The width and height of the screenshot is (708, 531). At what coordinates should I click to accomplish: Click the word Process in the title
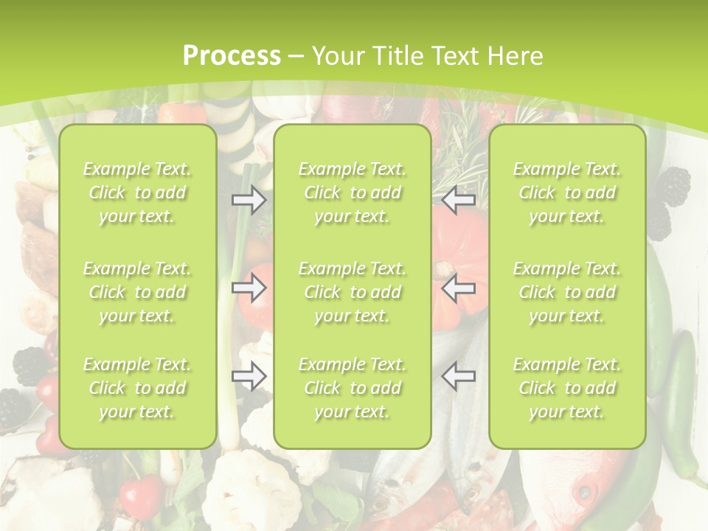(x=232, y=55)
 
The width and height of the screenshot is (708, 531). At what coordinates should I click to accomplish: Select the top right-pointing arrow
(x=249, y=200)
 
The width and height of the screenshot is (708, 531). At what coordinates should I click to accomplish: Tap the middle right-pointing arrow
(x=249, y=288)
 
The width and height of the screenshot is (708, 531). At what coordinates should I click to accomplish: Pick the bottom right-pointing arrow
(x=249, y=377)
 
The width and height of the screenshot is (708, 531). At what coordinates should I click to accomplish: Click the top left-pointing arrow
(x=458, y=200)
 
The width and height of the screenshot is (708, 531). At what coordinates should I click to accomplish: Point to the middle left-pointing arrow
(x=458, y=288)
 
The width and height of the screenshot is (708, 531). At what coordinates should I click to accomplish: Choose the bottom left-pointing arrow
(x=458, y=377)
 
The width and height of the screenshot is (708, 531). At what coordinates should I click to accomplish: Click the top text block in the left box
(x=137, y=192)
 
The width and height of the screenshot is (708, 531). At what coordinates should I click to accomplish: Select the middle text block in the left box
(x=137, y=292)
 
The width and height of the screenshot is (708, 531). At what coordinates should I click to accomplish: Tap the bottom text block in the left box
(x=137, y=388)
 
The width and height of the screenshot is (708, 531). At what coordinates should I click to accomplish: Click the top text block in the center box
(x=353, y=192)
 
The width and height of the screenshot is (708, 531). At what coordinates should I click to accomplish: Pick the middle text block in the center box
(x=353, y=292)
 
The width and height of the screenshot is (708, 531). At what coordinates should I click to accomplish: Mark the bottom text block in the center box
(x=353, y=388)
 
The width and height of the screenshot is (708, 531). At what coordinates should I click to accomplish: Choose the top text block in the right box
(x=567, y=192)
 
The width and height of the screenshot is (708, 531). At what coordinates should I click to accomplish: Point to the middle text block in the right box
(x=567, y=292)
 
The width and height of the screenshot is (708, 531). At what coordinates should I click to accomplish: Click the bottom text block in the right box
(x=567, y=388)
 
